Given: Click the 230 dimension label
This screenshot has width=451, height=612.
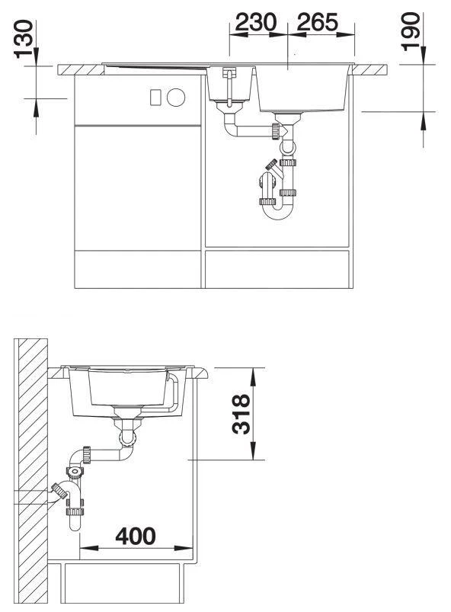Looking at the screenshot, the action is pyautogui.click(x=255, y=22).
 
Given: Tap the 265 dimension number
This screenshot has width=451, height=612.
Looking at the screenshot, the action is pyautogui.click(x=317, y=22).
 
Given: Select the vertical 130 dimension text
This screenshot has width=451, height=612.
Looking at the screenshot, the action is pyautogui.click(x=24, y=40).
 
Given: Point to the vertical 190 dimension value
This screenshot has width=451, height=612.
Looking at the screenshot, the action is pyautogui.click(x=411, y=31).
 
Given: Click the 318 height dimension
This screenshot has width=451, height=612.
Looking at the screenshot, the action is pyautogui.click(x=241, y=414).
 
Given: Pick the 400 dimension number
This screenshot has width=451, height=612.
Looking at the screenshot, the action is pyautogui.click(x=136, y=536).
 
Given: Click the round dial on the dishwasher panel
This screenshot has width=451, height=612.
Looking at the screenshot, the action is pyautogui.click(x=176, y=98).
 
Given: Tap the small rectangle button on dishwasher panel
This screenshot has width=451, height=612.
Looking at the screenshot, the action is pyautogui.click(x=155, y=98).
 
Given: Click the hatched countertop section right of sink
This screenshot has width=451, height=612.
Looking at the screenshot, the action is pyautogui.click(x=369, y=70).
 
